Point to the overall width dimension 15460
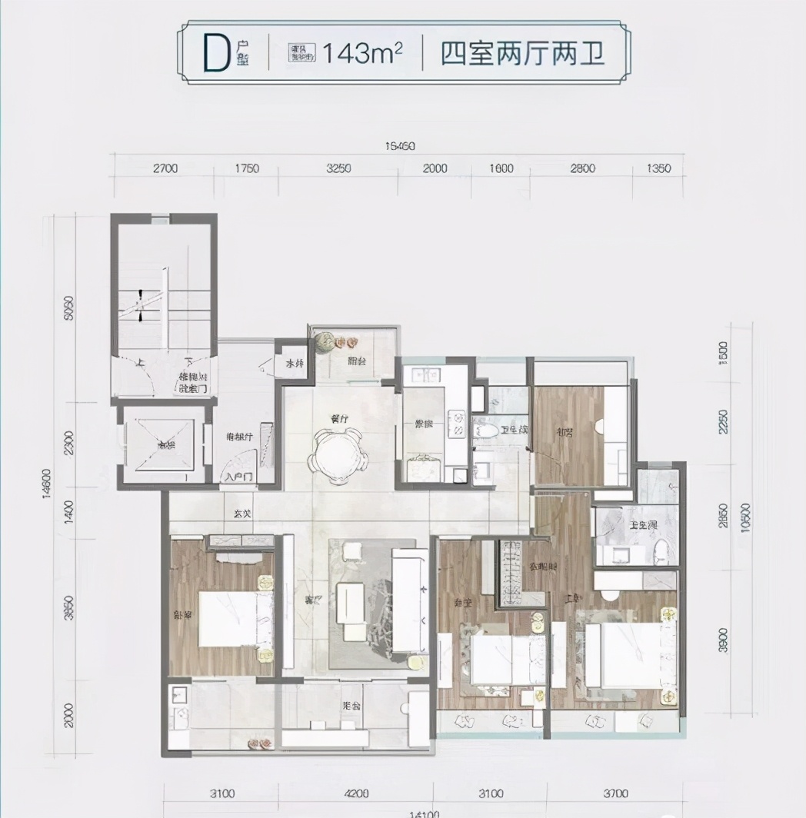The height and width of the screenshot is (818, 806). (x=398, y=146)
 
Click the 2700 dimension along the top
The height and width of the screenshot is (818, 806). (x=165, y=169)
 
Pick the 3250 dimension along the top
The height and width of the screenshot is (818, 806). (x=338, y=169)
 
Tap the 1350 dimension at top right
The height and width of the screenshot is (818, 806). (x=659, y=169)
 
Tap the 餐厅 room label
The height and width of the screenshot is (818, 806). (x=340, y=420)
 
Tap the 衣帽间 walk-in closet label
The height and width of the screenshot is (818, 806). (x=543, y=567)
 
